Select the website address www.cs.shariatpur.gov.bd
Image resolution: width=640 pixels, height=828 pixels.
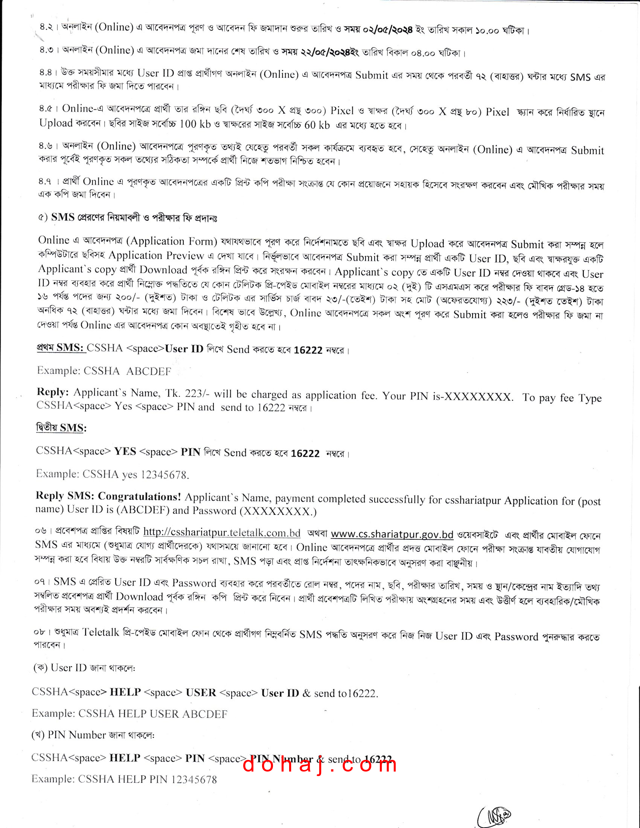tap(392, 534)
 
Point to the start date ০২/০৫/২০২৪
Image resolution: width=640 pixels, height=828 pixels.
tap(387, 30)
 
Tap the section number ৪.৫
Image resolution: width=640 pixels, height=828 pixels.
tap(46, 109)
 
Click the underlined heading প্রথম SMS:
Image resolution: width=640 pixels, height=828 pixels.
tap(61, 348)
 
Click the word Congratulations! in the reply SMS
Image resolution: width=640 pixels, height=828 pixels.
tap(140, 496)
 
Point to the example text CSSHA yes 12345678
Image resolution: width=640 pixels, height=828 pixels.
tap(136, 474)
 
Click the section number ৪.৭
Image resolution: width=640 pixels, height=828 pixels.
tap(45, 182)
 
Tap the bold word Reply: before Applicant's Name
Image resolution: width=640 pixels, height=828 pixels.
tap(53, 392)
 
